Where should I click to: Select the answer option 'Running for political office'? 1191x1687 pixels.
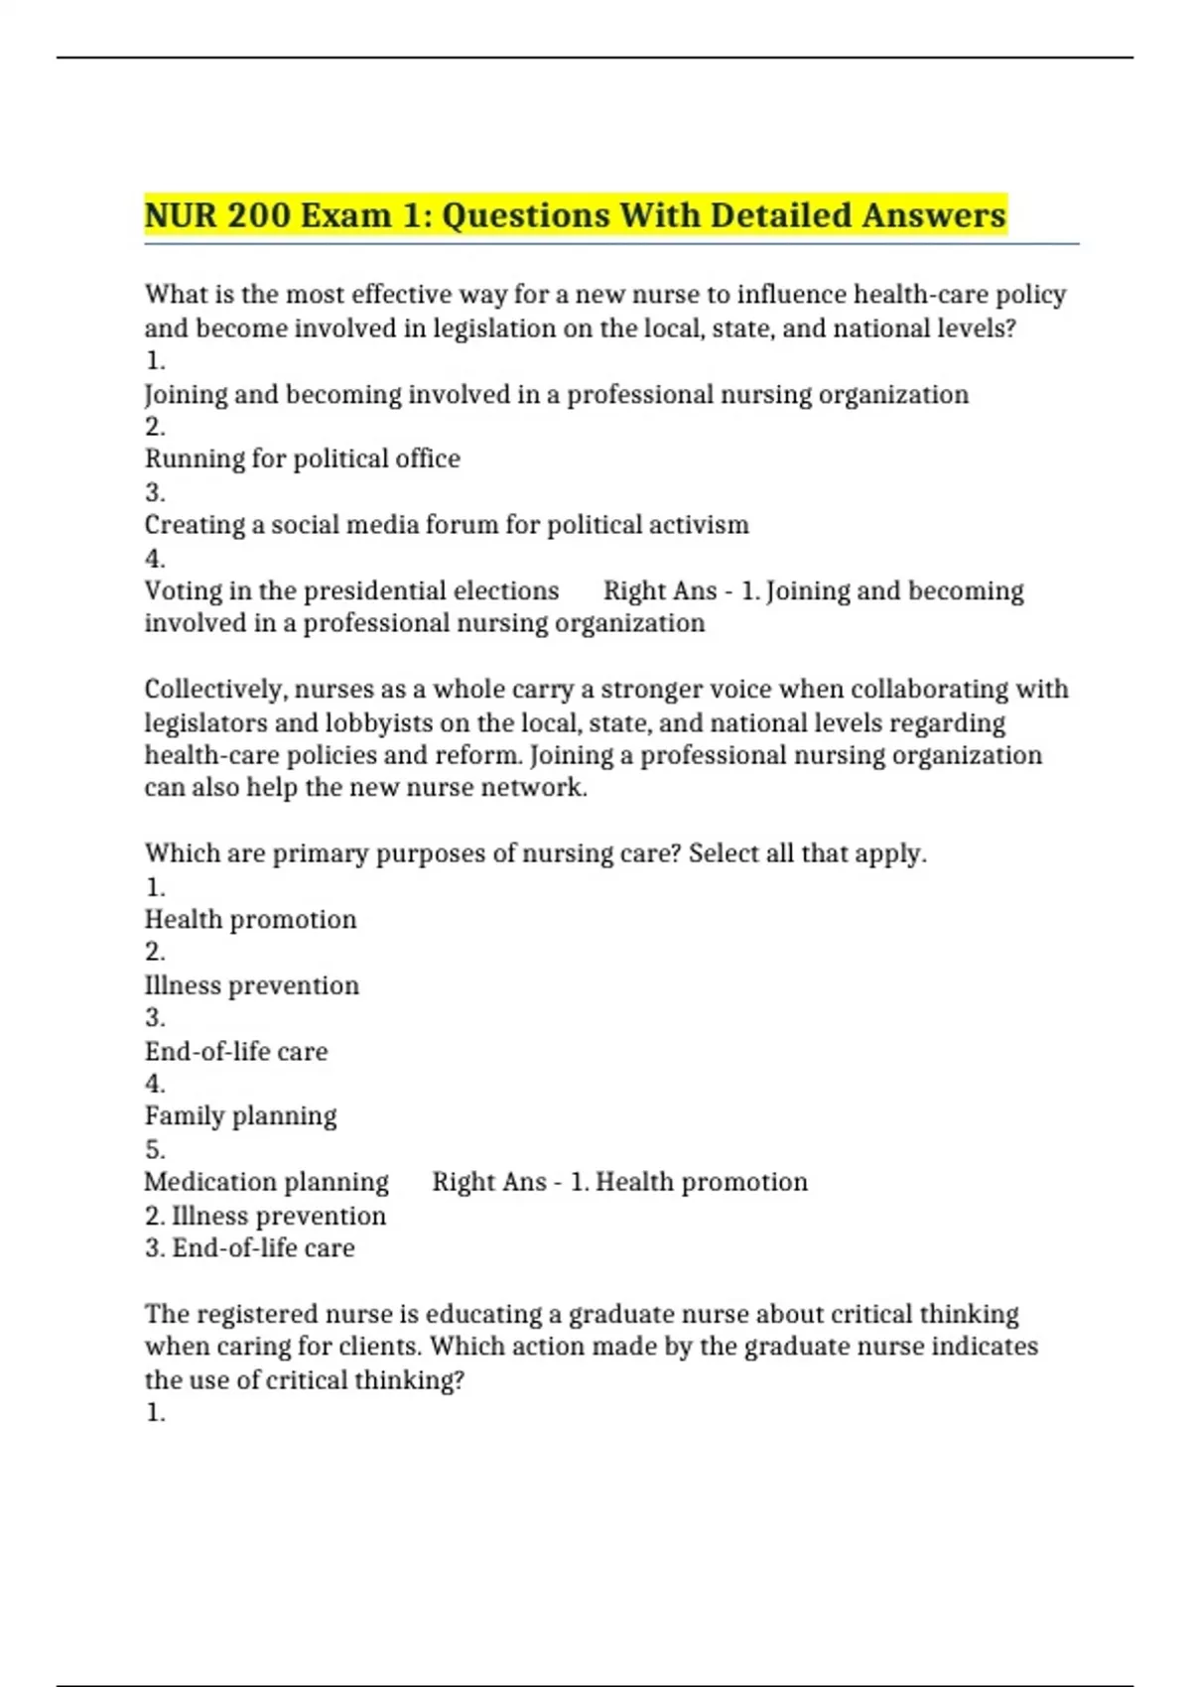point(303,458)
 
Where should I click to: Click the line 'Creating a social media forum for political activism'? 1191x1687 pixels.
point(447,525)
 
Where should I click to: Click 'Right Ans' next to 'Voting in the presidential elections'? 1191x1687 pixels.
point(660,590)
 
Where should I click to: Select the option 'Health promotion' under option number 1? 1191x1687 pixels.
point(251,919)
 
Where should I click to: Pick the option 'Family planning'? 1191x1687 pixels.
point(241,1115)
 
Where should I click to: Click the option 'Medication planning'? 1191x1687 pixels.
point(267,1182)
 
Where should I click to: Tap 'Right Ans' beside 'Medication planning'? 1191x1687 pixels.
point(489,1182)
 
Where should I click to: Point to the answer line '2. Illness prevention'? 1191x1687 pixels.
point(265,1216)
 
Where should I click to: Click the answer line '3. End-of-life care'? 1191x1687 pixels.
point(250,1247)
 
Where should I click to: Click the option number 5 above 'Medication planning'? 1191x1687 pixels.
point(155,1150)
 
